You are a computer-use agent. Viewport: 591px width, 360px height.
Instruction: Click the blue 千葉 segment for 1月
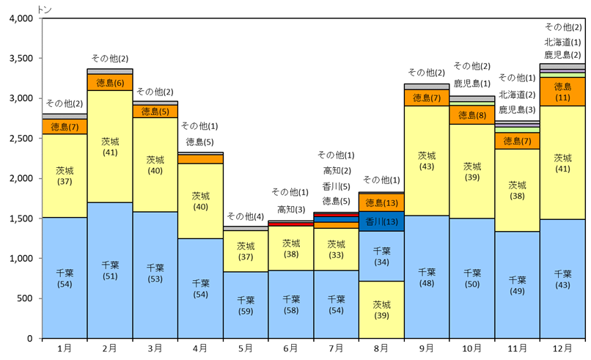(x=65, y=278)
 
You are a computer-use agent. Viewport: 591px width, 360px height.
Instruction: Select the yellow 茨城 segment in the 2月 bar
(x=109, y=147)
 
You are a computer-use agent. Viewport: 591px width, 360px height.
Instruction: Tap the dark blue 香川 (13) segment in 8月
(x=381, y=221)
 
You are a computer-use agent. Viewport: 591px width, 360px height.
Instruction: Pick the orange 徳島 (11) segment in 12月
(x=562, y=92)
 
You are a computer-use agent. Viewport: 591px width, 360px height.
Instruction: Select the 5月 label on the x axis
(x=246, y=348)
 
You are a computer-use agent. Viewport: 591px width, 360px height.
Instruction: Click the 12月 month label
(x=562, y=348)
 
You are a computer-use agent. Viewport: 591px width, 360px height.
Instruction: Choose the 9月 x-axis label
(x=426, y=348)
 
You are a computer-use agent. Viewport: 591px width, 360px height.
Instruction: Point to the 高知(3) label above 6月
(x=291, y=210)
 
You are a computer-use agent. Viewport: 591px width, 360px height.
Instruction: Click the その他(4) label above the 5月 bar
(x=246, y=216)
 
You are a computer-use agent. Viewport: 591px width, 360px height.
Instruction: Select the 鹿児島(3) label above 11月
(x=518, y=109)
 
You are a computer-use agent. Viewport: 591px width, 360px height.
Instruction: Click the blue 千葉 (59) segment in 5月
(x=246, y=304)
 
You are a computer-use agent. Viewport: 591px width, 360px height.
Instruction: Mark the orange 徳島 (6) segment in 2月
(x=109, y=82)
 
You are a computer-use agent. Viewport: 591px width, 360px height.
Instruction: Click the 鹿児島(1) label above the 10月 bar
(x=471, y=83)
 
